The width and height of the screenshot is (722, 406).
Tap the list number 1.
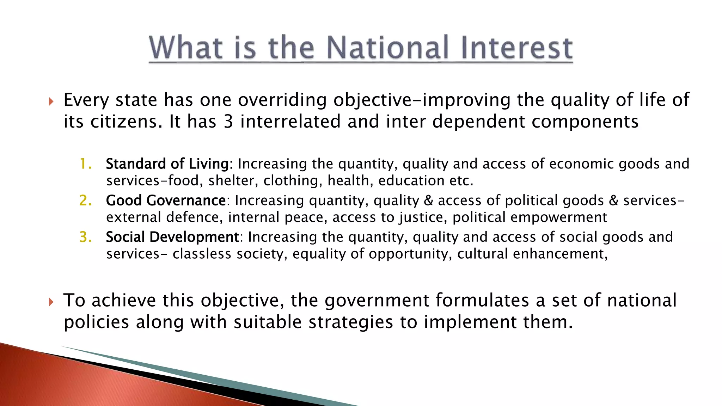85,164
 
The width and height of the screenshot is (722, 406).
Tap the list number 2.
85,201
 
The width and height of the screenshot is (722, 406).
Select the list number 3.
85,237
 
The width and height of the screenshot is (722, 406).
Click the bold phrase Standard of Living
169,164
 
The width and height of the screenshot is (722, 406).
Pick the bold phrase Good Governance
166,201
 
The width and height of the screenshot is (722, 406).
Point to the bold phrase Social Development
172,237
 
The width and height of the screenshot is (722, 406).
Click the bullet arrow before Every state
51,102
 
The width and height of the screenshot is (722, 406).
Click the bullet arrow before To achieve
51,302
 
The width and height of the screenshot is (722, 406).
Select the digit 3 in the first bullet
228,122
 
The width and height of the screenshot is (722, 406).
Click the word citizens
125,122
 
